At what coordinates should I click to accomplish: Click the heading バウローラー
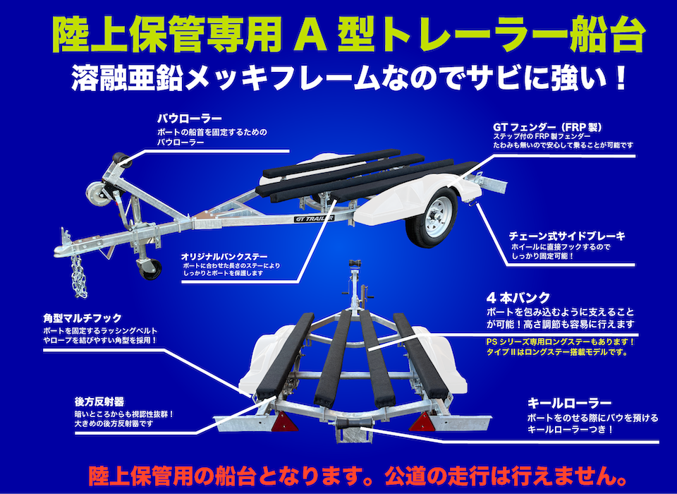tap(189, 118)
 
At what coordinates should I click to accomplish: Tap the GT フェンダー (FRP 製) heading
tap(547, 127)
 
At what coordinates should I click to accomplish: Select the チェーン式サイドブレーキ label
tap(567, 236)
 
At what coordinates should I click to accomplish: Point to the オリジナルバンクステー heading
tap(224, 256)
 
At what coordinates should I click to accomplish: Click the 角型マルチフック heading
tap(83, 318)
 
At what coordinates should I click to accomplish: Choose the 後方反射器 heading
tap(93, 402)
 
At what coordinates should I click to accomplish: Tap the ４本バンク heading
tap(518, 298)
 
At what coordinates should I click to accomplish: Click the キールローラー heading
tap(569, 403)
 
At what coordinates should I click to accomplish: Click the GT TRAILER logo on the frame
tap(315, 218)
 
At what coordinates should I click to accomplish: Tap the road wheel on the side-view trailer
tap(432, 217)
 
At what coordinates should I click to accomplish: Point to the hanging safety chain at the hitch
tap(78, 276)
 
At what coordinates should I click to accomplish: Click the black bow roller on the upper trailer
tap(122, 160)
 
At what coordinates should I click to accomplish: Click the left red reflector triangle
tap(284, 422)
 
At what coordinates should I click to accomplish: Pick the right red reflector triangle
tap(422, 422)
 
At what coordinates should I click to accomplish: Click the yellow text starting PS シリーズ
tap(560, 347)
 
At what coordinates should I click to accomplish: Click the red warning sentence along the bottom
tap(358, 476)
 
